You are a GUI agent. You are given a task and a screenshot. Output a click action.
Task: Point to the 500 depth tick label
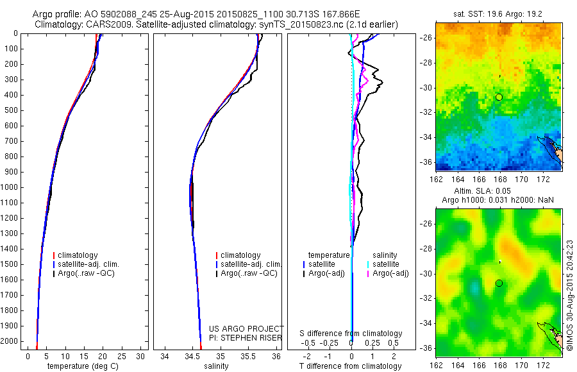pos(12,110)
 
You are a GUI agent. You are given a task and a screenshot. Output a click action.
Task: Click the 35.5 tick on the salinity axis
pos(249,356)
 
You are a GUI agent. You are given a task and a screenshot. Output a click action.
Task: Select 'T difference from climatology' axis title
pos(351,366)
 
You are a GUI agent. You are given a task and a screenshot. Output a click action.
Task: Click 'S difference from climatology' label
pos(351,334)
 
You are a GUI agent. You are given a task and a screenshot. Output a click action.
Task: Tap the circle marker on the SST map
pos(499,97)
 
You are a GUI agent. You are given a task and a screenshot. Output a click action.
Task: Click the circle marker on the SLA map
pos(499,283)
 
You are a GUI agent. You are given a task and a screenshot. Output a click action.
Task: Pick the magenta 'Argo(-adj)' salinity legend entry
pos(391,273)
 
